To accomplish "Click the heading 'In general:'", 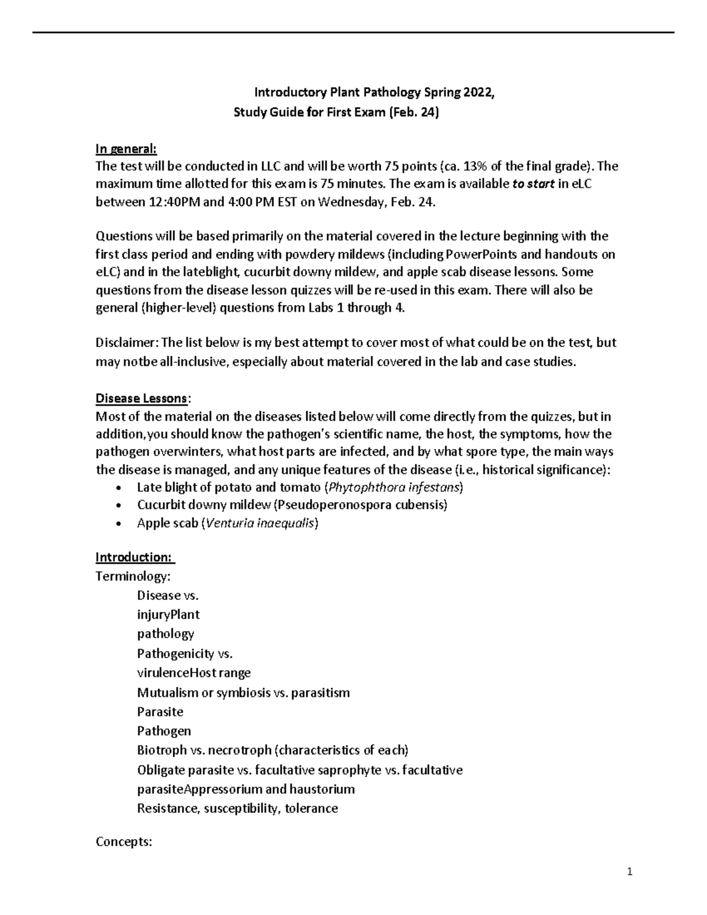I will [x=126, y=148].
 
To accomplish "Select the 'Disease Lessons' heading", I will [x=141, y=398].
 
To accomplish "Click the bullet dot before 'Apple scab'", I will [x=120, y=523].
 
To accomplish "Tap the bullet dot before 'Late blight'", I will [x=120, y=488].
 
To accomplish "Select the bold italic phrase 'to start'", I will [x=534, y=184].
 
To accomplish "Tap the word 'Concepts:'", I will [x=124, y=842].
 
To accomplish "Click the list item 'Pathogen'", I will [x=164, y=731].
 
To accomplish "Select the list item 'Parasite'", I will [x=160, y=712].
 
